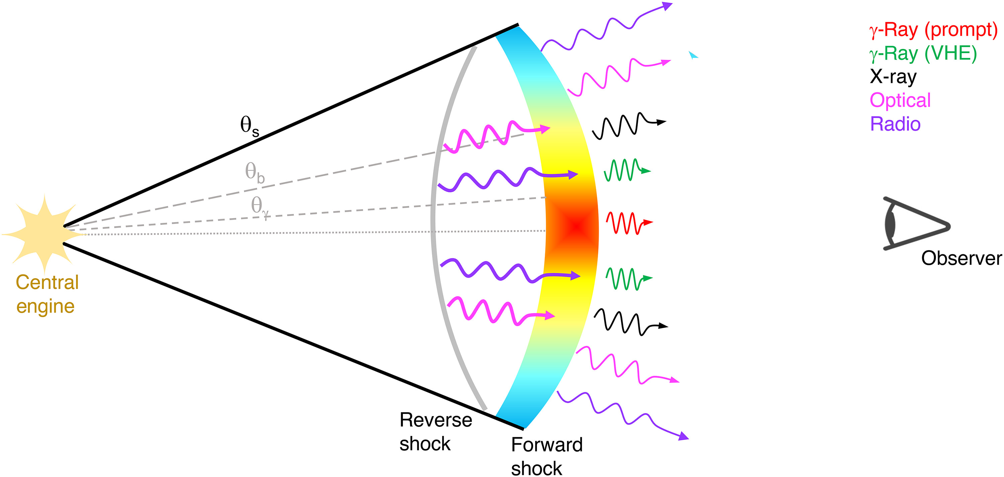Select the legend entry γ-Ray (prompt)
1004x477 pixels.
tap(933, 30)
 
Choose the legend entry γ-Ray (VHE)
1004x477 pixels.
tap(923, 54)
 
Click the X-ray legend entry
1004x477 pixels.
tap(893, 77)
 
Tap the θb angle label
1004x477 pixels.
tap(254, 172)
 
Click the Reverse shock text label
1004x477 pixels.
tap(435, 432)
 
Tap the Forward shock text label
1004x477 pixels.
tap(547, 456)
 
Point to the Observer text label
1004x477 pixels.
tap(961, 258)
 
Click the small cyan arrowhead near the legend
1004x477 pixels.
tap(692, 55)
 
